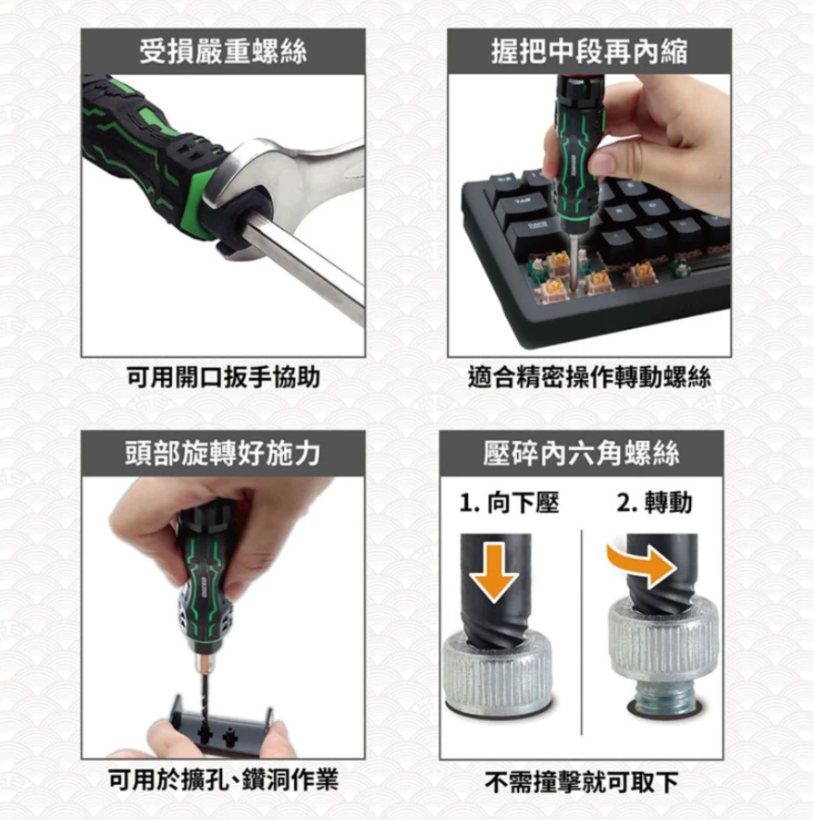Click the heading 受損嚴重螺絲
(x=223, y=52)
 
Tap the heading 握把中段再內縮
(x=589, y=52)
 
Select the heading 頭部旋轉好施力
(x=223, y=453)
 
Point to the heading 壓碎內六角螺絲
(x=581, y=453)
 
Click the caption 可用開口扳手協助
(x=223, y=377)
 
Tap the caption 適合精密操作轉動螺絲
(x=589, y=377)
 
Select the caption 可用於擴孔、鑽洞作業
(x=223, y=779)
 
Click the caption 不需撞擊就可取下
(x=581, y=782)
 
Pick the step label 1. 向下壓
(x=509, y=503)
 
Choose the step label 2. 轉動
(x=655, y=503)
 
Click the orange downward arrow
(x=494, y=572)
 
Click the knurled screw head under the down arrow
(x=497, y=670)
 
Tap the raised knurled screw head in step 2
(x=663, y=640)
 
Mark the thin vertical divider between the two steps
(x=582, y=632)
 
